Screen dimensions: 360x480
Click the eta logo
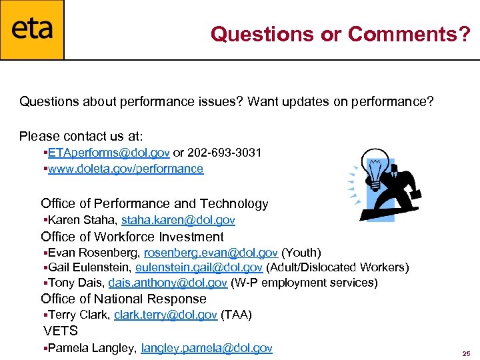click(x=32, y=30)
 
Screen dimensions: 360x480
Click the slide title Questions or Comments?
click(x=341, y=34)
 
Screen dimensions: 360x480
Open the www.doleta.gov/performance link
click(x=126, y=169)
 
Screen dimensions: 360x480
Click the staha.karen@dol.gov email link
click(x=178, y=220)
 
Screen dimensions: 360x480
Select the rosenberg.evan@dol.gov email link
click(x=211, y=253)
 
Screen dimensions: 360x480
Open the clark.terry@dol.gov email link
click(x=165, y=314)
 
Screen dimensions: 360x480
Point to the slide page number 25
click(x=466, y=353)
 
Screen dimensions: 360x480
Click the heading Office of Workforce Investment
click(x=132, y=237)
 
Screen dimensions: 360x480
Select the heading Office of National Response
click(x=123, y=299)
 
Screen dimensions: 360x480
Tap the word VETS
click(x=61, y=331)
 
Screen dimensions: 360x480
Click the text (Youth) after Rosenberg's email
click(x=301, y=253)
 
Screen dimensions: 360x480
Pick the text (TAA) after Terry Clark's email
click(x=236, y=314)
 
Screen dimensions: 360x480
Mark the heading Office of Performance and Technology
click(x=154, y=203)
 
